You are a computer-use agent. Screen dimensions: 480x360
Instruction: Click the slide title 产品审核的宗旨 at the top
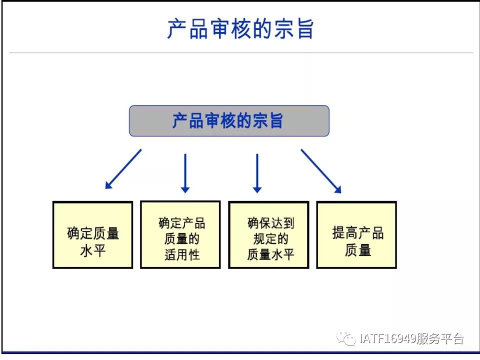(x=240, y=29)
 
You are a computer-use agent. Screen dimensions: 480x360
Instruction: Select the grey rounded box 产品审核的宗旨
(x=229, y=120)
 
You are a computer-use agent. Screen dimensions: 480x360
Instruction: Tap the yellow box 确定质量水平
(x=93, y=235)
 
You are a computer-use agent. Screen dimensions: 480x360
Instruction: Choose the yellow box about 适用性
(x=180, y=234)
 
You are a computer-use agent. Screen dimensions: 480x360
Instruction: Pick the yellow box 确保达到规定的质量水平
(x=268, y=235)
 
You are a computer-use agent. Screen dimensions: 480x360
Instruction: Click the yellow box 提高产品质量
(x=356, y=235)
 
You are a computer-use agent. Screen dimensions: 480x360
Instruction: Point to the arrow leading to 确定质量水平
(x=123, y=169)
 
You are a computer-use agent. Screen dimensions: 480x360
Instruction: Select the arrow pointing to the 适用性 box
(x=185, y=173)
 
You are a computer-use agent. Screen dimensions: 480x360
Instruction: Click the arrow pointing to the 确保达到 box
(x=257, y=173)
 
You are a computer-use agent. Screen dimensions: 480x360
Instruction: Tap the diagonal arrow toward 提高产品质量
(x=321, y=171)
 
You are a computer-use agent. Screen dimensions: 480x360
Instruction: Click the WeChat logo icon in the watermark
(x=346, y=338)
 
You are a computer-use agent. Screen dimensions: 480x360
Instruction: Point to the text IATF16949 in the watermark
(x=387, y=338)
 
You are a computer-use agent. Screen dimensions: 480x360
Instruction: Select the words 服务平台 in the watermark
(x=439, y=338)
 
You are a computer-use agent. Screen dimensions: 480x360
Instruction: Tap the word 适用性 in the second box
(x=182, y=254)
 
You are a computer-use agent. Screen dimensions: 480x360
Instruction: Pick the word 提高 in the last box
(x=345, y=232)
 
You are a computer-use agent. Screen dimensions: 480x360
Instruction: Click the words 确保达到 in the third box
(x=271, y=223)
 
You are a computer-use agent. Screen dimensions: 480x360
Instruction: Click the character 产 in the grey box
(x=179, y=120)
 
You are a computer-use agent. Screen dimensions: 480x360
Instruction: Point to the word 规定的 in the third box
(x=271, y=239)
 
